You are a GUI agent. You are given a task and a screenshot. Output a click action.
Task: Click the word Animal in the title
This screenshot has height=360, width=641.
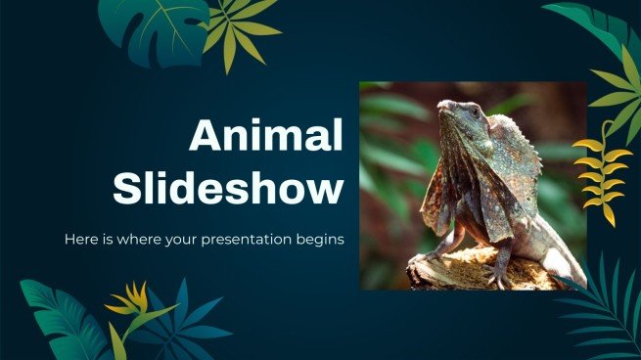(x=266, y=136)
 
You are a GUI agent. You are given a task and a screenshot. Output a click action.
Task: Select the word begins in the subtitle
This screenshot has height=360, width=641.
(x=323, y=239)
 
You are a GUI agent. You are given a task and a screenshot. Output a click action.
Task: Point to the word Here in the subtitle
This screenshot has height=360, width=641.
(x=81, y=239)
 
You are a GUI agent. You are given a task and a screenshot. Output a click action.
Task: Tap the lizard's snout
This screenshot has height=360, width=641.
(x=443, y=106)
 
